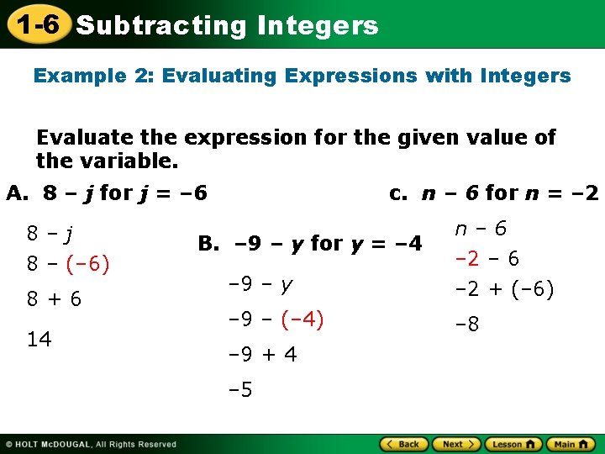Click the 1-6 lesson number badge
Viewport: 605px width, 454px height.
tap(34, 24)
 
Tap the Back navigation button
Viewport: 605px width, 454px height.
tap(404, 444)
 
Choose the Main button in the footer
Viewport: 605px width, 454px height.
tap(571, 444)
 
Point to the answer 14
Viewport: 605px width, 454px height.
tap(39, 339)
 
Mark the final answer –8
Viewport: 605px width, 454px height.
tap(468, 324)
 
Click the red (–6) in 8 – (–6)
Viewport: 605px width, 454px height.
tap(86, 264)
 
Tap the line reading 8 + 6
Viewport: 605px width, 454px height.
tap(54, 299)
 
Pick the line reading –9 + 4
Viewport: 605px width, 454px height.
tap(262, 355)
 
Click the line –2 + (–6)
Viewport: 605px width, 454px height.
tap(504, 291)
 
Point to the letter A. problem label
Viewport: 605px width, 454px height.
tap(18, 193)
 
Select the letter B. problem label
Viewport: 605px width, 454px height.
tap(208, 244)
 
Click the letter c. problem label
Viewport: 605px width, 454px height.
tap(398, 193)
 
